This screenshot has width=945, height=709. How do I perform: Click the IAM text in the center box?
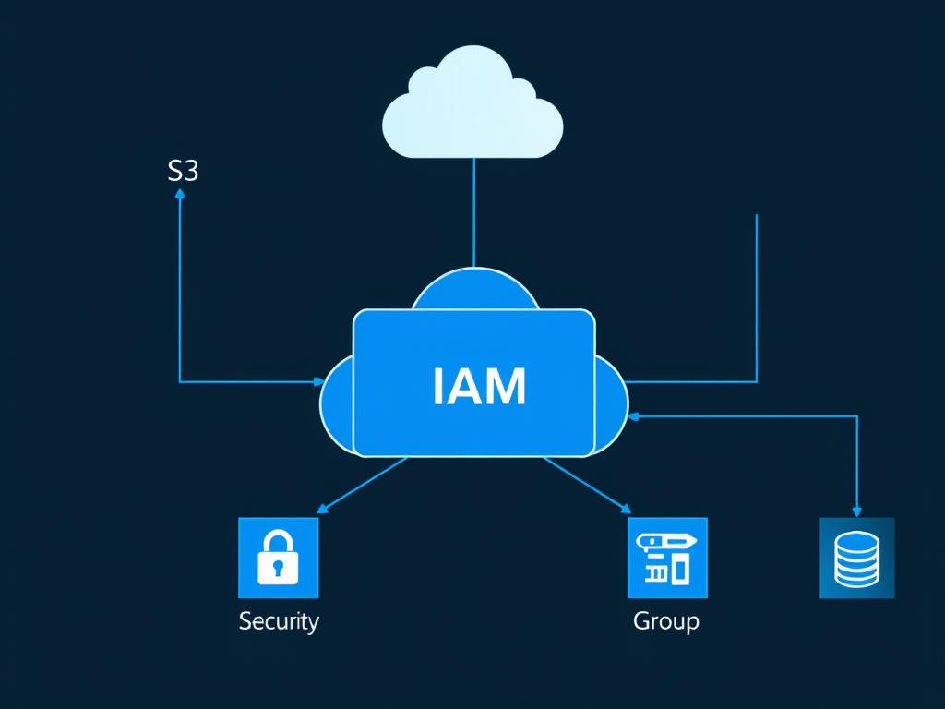click(x=479, y=387)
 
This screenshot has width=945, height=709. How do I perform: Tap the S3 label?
click(x=183, y=171)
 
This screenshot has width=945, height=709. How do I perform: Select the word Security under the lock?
click(x=279, y=620)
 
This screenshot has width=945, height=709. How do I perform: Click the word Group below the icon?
click(x=666, y=620)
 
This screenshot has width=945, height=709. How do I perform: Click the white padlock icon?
click(x=278, y=558)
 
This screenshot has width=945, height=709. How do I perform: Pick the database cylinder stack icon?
click(x=856, y=558)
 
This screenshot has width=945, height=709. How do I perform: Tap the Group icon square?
click(x=667, y=558)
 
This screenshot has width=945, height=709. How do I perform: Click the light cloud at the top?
click(x=472, y=106)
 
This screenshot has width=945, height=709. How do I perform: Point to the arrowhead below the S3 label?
click(x=180, y=194)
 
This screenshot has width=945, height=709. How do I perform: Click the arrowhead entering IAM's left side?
click(x=319, y=380)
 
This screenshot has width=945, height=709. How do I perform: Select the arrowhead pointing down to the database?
click(x=856, y=511)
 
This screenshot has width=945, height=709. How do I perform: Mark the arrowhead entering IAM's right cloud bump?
click(x=633, y=416)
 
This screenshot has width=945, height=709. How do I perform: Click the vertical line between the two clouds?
click(x=473, y=212)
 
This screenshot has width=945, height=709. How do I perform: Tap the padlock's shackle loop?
click(x=278, y=542)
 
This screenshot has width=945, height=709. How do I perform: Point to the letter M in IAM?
click(x=506, y=387)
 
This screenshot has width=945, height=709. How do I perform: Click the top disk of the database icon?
click(x=856, y=539)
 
